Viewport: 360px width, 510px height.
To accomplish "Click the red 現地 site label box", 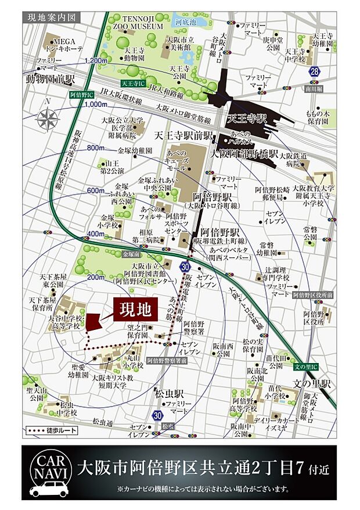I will (135, 309).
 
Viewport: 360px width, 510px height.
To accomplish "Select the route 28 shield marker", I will (315, 71).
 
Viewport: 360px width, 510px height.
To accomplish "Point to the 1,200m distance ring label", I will (96, 61).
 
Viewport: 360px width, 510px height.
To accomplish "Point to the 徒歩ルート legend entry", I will (50, 431).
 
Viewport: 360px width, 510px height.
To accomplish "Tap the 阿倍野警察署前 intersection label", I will (166, 361).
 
